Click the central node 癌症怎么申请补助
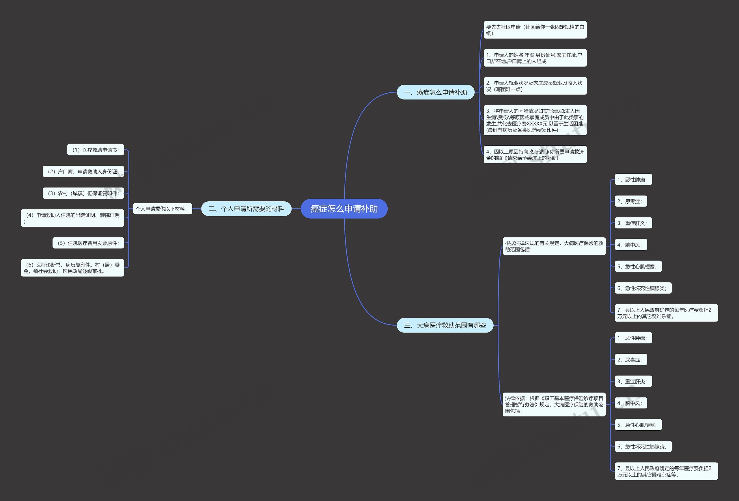[x=344, y=209]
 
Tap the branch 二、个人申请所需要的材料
[x=247, y=209]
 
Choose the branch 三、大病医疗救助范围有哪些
[x=445, y=325]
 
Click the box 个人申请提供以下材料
[x=163, y=209]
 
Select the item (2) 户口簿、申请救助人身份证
[x=83, y=172]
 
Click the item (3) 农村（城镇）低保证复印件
[x=83, y=193]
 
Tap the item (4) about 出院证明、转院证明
[x=72, y=218]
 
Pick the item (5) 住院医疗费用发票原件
[x=88, y=243]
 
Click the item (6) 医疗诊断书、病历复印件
[x=72, y=268]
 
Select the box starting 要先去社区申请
[x=535, y=30]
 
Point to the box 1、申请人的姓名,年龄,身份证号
[x=535, y=58]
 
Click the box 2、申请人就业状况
[x=535, y=86]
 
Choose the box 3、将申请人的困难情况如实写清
[x=535, y=120]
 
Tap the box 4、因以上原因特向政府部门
[x=535, y=154]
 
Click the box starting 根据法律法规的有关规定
[x=554, y=246]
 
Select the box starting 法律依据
[x=554, y=404]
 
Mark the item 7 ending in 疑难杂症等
[x=666, y=471]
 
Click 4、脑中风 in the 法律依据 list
[x=631, y=403]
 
